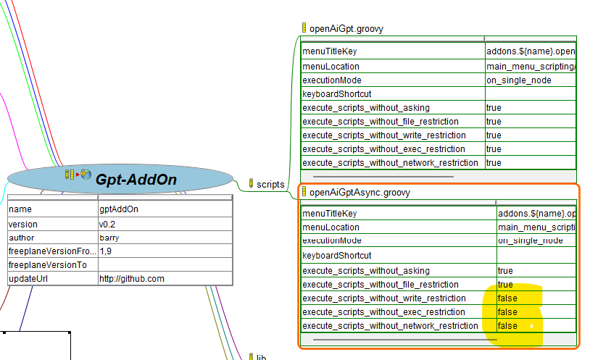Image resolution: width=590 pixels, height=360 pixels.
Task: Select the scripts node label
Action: coord(270,184)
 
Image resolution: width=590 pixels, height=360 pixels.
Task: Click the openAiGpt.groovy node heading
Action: coord(346,29)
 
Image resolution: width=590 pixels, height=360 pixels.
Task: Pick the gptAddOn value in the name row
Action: coord(119,209)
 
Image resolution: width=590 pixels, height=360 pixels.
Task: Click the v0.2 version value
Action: coord(107,225)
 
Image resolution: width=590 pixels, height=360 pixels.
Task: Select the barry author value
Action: coord(109,238)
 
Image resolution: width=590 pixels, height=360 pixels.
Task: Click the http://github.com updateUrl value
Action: coord(132,279)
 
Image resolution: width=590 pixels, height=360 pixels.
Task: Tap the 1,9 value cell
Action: coord(106,251)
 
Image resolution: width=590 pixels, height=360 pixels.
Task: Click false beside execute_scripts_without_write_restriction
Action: coord(507,298)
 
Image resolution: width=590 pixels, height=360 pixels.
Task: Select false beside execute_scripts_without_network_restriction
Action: coord(507,326)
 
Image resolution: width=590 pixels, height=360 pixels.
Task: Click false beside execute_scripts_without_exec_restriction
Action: coord(507,312)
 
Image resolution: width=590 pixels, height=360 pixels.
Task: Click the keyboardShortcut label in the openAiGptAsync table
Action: coord(336,256)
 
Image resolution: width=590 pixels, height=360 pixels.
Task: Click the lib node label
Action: coord(262,357)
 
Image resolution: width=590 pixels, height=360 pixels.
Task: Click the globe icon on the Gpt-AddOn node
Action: coord(86,174)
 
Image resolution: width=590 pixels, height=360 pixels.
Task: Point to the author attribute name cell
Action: coord(22,238)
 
